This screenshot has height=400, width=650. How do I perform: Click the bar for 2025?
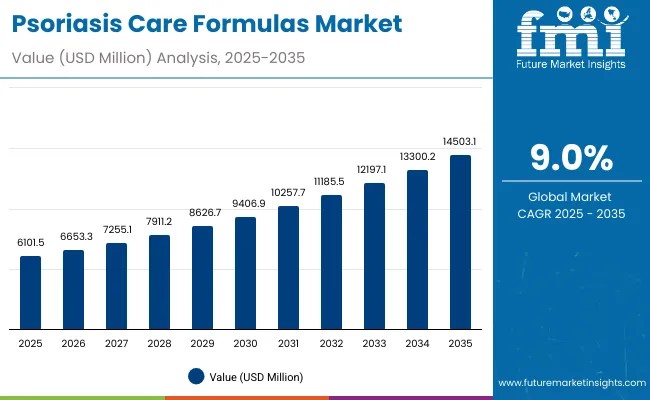coord(31,293)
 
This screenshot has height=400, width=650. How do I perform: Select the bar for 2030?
coord(245,273)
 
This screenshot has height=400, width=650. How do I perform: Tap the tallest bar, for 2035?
coord(460,242)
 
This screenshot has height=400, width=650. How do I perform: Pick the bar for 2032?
coord(331,262)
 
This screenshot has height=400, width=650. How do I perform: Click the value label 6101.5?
coord(31,243)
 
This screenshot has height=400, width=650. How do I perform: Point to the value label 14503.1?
coord(460,141)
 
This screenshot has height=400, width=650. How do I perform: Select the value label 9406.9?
coord(245,203)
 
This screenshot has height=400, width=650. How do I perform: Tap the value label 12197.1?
coord(374,170)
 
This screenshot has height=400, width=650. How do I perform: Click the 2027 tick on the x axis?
coord(116,343)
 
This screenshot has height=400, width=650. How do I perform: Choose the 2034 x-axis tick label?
coord(417,343)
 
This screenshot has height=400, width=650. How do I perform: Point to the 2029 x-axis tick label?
coord(202,343)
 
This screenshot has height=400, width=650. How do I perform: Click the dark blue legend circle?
coord(196,377)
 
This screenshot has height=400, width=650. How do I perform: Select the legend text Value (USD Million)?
coord(256,377)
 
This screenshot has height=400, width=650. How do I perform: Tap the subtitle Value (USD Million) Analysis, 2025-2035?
coord(159,58)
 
